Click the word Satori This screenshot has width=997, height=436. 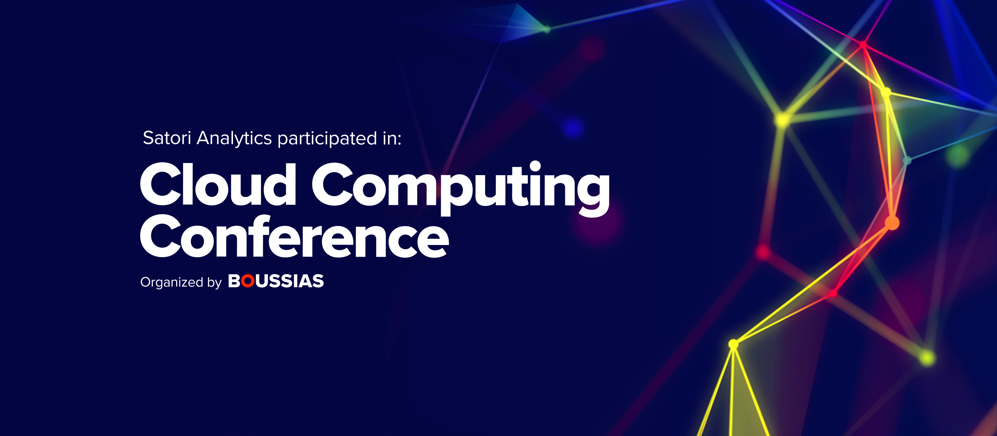167,138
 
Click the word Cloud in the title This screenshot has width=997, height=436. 218,184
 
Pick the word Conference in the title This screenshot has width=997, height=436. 295,236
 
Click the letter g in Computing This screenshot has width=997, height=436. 594,195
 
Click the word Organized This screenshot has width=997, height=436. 171,282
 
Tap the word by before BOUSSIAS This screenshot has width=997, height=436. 214,282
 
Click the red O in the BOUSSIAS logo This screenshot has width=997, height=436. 248,281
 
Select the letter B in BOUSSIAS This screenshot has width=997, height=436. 234,281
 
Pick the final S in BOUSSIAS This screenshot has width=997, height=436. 318,281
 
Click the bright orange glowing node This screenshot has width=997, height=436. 892,223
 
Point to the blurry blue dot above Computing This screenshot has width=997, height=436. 573,127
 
